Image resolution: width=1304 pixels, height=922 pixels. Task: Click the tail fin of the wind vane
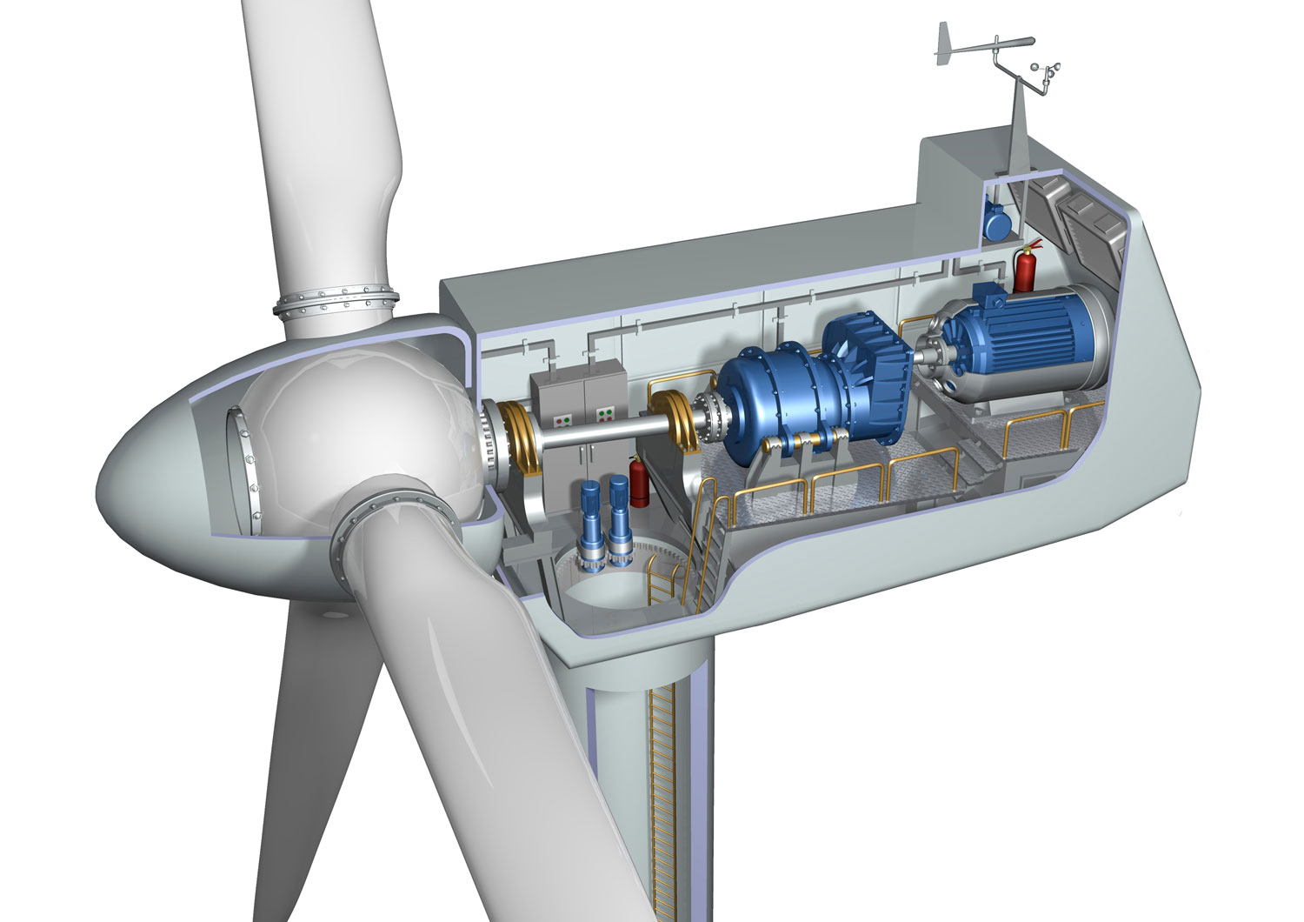tap(947, 43)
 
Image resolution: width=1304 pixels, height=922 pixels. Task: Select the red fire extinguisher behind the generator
tap(1026, 267)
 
